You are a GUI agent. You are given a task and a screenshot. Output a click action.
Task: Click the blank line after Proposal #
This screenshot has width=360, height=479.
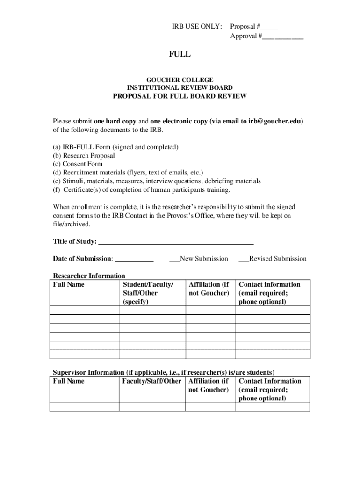point(270,27)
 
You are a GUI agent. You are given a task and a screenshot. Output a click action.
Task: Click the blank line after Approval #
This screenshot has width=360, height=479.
point(283,36)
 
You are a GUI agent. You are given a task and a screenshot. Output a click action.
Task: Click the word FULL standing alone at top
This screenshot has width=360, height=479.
point(180,54)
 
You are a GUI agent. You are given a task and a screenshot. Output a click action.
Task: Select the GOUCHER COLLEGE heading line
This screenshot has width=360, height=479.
point(180,80)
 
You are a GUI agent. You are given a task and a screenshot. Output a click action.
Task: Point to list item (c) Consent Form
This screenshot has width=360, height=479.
point(78,164)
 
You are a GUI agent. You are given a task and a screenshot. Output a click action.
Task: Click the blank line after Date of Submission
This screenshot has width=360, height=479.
point(134,259)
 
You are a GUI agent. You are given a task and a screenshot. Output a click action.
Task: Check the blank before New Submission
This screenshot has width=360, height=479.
point(174,259)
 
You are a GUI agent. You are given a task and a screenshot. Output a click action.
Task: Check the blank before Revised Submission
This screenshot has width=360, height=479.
point(244,259)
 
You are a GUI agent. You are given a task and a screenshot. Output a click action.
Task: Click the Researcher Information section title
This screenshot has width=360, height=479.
point(89,276)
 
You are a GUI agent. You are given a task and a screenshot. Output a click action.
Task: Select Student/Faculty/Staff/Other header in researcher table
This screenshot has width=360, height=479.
point(148,293)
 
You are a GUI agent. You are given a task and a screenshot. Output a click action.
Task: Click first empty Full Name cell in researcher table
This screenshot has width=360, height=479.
point(85,310)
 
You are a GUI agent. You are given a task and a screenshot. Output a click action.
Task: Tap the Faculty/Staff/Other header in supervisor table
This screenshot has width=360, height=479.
point(151,381)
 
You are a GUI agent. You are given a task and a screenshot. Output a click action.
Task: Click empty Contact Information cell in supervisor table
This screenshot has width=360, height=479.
point(273,406)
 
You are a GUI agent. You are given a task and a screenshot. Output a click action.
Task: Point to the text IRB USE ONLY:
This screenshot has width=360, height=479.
point(197,27)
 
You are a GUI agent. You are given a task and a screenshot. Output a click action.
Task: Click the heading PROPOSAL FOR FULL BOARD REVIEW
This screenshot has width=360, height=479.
point(180,97)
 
